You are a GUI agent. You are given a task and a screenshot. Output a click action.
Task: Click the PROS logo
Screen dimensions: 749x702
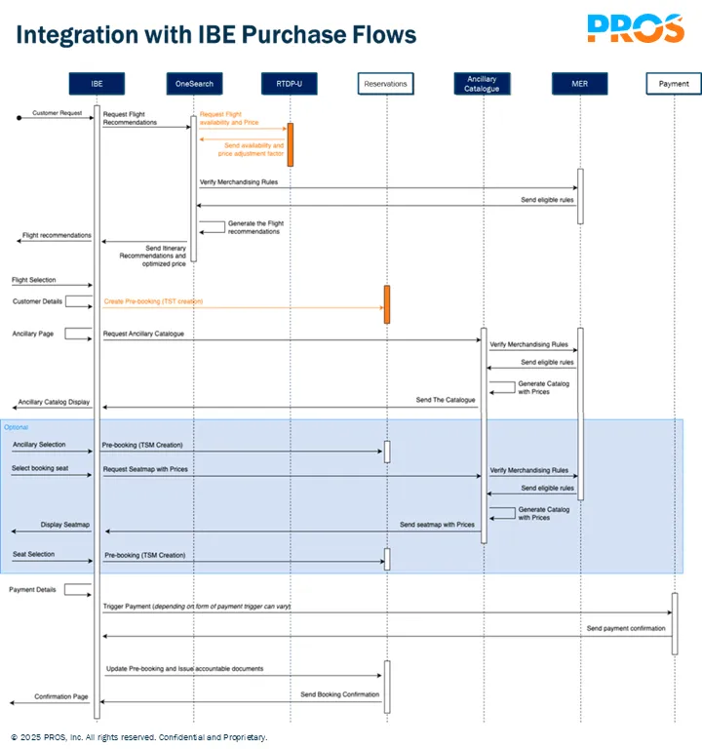635,28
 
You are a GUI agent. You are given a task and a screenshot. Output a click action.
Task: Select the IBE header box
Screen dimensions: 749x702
97,84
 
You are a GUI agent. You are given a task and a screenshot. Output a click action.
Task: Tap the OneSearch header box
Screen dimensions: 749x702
193,84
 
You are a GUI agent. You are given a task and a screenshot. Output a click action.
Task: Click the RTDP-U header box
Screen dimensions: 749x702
290,84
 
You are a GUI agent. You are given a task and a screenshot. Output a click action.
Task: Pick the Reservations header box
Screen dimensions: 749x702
385,84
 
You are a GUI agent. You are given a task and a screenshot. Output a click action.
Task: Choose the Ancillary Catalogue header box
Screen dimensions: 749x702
482,84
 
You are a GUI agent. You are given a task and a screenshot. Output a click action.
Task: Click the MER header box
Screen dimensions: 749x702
579,84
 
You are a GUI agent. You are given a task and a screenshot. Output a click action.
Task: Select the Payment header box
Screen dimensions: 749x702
674,84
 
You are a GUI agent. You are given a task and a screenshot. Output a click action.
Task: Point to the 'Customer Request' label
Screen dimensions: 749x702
58,113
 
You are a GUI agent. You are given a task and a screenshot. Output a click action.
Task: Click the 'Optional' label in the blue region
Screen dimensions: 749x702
17,427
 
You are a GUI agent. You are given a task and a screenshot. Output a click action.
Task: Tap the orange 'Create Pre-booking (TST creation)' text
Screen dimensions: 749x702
153,301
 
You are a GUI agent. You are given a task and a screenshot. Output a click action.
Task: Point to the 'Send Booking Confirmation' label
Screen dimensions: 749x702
339,694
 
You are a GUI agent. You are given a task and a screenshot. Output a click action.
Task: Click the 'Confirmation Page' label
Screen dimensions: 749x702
61,696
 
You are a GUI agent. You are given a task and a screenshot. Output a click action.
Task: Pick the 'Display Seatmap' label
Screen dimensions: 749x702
65,525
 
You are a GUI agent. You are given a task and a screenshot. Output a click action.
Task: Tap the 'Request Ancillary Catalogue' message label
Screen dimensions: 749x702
143,334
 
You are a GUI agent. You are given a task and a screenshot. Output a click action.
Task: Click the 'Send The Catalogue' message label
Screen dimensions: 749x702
446,400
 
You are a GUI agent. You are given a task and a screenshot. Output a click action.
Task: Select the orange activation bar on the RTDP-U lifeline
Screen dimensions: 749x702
290,144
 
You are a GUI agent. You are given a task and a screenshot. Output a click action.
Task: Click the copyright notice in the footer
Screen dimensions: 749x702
139,737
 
